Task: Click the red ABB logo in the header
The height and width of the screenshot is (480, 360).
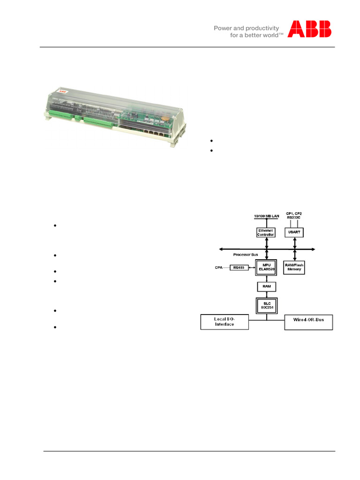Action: coord(309,29)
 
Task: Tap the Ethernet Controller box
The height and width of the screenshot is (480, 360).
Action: coord(266,233)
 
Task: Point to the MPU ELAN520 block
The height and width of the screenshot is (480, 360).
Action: coord(266,268)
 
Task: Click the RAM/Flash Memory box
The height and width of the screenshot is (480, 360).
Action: coord(295,268)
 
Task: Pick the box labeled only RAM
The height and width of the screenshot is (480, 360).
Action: coord(266,286)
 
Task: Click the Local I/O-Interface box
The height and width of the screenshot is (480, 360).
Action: coord(224,322)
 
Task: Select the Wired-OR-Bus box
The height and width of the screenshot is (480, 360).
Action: coord(309,322)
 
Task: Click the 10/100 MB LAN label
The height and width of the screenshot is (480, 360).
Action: coord(266,215)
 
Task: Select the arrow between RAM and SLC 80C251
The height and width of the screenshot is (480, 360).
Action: coord(266,294)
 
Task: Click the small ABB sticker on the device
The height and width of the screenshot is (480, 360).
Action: coord(61,91)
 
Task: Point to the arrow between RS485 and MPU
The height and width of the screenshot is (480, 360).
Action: coord(252,268)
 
